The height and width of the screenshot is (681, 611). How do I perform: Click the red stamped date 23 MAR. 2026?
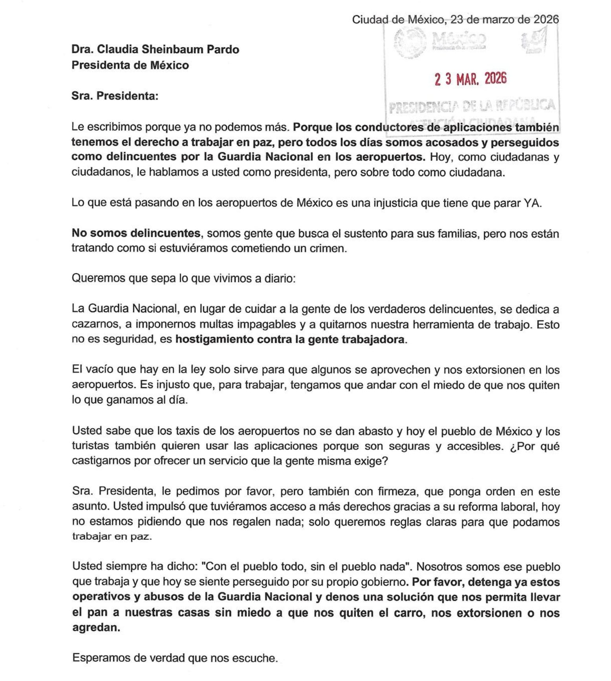point(470,79)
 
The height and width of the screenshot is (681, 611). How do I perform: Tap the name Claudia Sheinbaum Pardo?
point(168,49)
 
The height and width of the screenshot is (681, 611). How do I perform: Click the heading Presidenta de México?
point(130,65)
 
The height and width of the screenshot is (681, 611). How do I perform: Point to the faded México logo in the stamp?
point(459,39)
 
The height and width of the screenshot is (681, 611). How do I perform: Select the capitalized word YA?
point(532,203)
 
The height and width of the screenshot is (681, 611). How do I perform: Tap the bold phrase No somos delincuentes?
point(136,233)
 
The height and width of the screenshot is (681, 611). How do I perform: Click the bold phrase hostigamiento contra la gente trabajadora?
point(290,339)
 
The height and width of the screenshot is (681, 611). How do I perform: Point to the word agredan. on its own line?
point(96,627)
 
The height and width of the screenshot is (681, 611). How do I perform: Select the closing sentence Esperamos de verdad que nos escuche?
point(175,658)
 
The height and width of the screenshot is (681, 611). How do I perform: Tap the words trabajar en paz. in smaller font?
point(112,537)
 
